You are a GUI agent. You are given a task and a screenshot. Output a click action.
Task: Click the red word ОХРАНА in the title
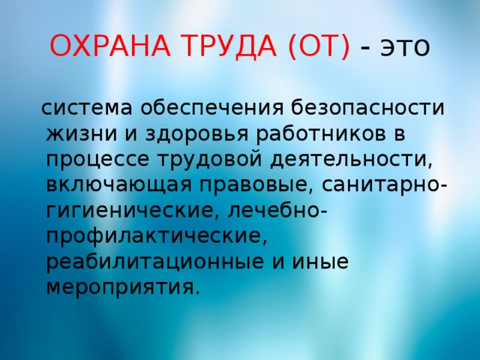tap(110, 46)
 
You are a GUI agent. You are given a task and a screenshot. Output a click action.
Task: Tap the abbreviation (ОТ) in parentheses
tap(319, 46)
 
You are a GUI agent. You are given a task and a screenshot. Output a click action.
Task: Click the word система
tap(87, 108)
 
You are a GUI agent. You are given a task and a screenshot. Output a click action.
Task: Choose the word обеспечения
tap(212, 107)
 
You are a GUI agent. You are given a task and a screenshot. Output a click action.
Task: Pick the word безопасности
tap(367, 107)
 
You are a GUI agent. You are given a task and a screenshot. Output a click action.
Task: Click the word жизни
tap(82, 133)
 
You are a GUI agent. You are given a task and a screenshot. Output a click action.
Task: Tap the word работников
tap(321, 133)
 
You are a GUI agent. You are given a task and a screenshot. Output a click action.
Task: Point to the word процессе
tap(98, 160)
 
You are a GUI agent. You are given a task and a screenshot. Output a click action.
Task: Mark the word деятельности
tap(348, 159)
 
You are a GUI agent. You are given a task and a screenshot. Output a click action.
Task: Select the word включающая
tap(119, 185)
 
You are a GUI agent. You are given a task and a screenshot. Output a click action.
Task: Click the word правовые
tap(253, 186)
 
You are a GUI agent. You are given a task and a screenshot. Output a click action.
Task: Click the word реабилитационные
tap(155, 262)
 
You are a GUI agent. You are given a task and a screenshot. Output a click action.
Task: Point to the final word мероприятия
tap(120, 287)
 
